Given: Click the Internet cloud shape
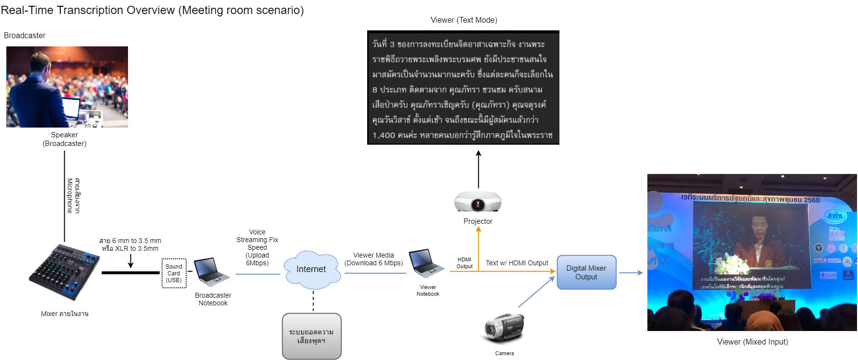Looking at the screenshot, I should coord(312,269).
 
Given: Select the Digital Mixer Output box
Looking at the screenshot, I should coord(586,273).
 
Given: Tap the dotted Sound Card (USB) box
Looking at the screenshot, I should coord(174,274).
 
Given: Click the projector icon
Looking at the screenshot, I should coord(478,202).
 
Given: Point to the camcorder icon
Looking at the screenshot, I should coord(504,329).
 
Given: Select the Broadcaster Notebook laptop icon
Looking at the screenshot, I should coord(211,272).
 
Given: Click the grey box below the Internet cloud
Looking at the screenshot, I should coord(312,336).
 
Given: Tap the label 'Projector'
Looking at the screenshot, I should coord(478,221).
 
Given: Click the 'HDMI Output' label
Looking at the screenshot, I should coord(464,263).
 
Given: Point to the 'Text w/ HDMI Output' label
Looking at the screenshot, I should coord(517,263).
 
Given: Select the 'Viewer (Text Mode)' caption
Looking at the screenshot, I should coord(464,20).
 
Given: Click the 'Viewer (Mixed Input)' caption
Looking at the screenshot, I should coord(752,342).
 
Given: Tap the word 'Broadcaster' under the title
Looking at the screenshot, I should coord(25,36).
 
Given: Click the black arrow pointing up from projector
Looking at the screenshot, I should coord(478,169).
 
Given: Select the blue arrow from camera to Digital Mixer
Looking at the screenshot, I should coord(536,292).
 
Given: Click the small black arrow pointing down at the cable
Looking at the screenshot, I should coord(130,261).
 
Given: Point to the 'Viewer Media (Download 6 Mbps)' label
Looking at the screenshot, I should coord(373,259).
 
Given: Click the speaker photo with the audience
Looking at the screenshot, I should coord(67,87).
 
